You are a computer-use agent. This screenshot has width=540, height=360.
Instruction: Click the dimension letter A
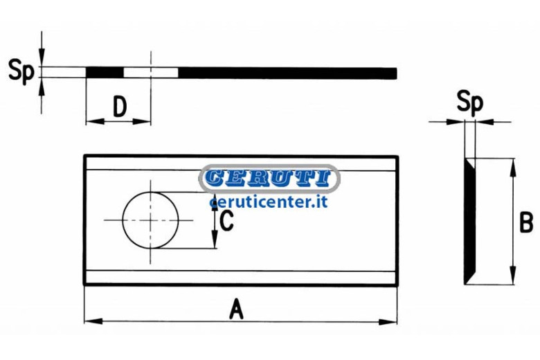(236, 309)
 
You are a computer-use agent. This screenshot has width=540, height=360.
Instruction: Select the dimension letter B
(526, 222)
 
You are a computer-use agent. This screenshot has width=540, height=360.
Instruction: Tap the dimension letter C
(226, 220)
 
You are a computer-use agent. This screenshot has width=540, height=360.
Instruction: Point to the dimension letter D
(120, 107)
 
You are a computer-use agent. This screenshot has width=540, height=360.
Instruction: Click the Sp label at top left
(21, 71)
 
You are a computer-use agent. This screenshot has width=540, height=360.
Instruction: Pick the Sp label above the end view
(470, 102)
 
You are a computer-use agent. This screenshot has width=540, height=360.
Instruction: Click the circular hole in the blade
(150, 220)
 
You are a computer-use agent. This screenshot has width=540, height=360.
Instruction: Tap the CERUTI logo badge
(269, 179)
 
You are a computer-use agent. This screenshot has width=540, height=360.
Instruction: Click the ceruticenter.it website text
(269, 202)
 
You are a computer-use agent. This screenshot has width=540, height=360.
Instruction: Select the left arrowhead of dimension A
(93, 321)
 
